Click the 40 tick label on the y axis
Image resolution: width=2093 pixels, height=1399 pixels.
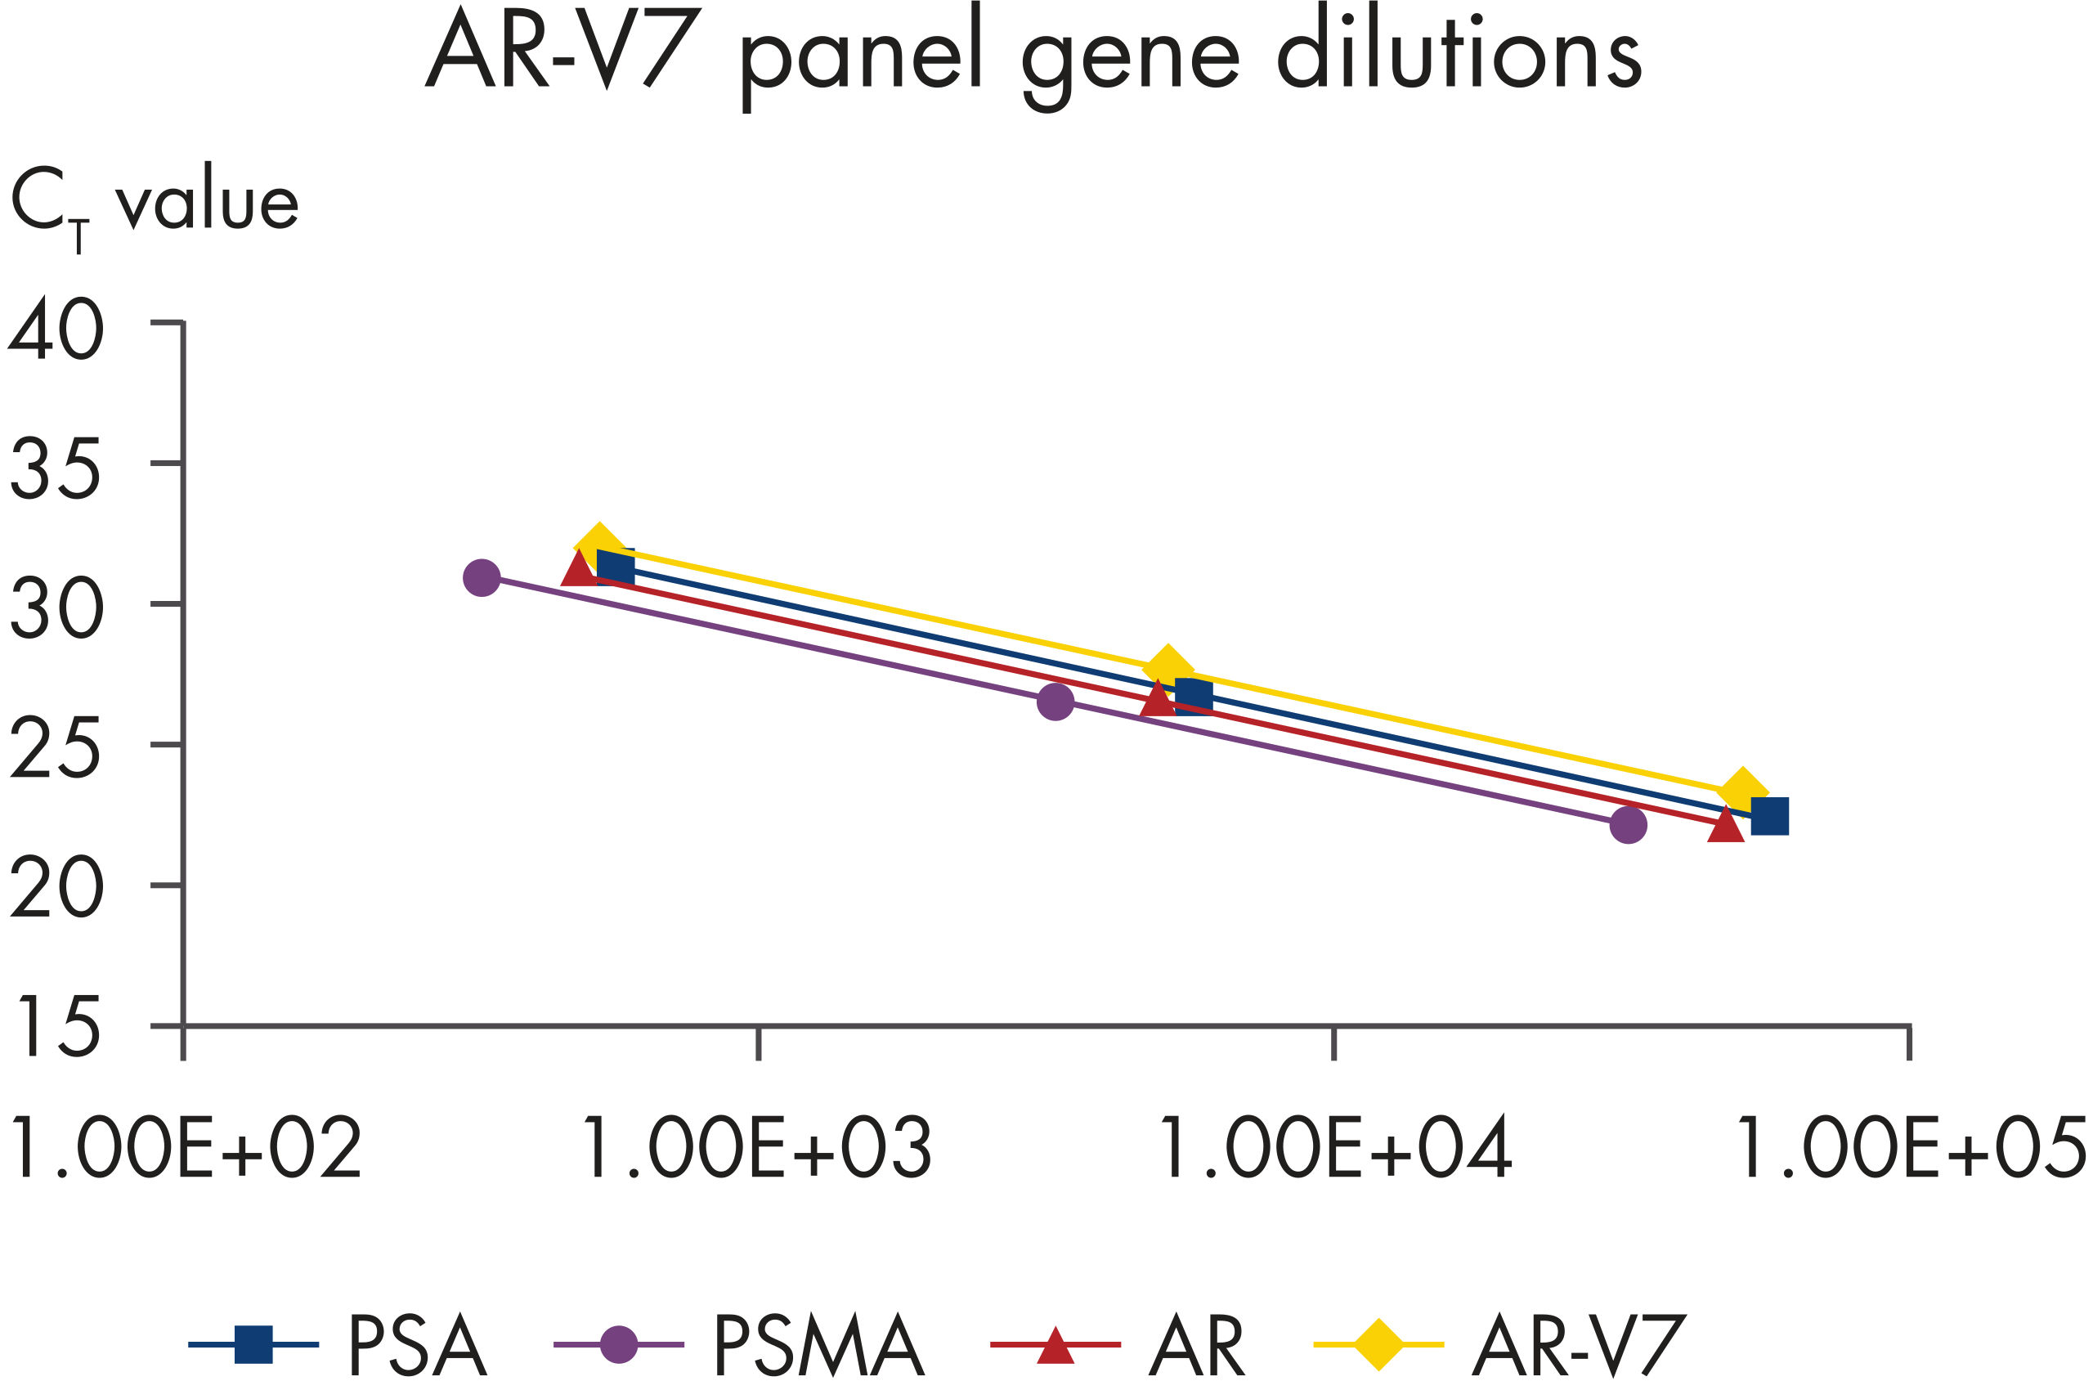[x=56, y=330]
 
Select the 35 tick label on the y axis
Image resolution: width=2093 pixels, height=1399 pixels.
[x=56, y=469]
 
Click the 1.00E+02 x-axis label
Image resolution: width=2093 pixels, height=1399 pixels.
[x=183, y=1148]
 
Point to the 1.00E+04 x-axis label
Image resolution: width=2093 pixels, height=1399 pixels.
[x=1333, y=1148]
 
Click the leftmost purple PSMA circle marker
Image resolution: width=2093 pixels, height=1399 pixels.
[x=482, y=578]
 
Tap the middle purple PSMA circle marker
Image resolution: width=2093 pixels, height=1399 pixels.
[x=1055, y=702]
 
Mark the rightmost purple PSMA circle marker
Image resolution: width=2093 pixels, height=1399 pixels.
[x=1628, y=825]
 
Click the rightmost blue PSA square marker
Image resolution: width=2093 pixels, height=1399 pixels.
[x=1770, y=816]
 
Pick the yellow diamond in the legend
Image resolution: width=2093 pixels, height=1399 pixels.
[x=1379, y=1343]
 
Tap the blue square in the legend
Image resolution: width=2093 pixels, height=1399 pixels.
[x=253, y=1344]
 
